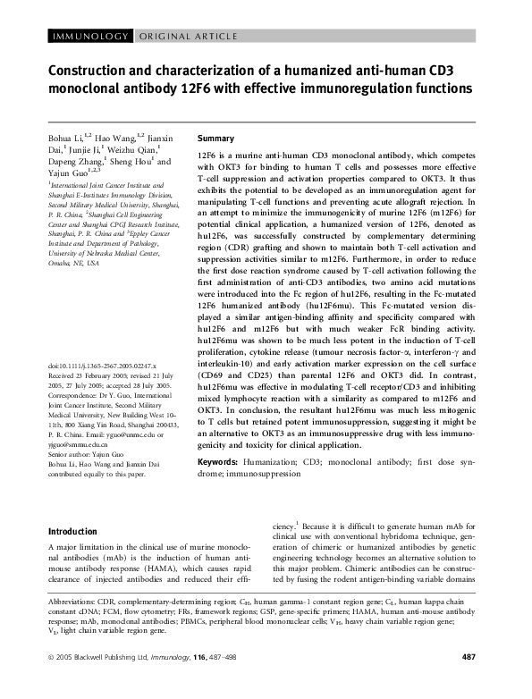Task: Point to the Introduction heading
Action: (78, 531)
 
